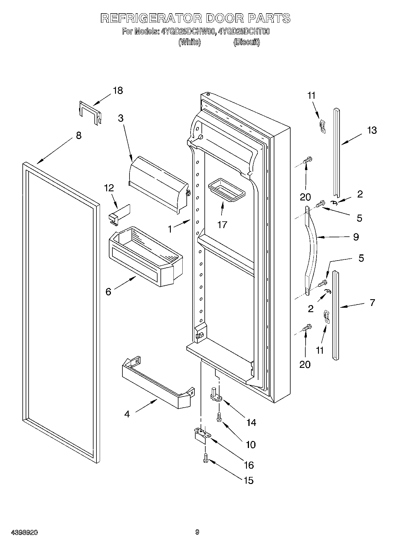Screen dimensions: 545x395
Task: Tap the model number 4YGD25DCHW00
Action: coord(187,32)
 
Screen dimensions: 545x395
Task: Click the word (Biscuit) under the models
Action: coord(247,42)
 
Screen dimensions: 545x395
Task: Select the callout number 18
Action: coord(118,90)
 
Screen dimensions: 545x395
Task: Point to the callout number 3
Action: coord(121,118)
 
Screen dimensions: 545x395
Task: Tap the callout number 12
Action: coord(109,188)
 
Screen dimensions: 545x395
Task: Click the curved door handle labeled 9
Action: coord(313,248)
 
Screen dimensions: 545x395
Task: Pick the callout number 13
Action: coord(372,130)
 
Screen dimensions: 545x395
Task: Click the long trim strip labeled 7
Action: coord(336,315)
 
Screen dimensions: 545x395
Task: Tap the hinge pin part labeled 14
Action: coord(216,395)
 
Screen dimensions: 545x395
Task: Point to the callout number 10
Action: coord(251,444)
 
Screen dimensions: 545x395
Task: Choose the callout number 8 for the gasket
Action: coord(78,136)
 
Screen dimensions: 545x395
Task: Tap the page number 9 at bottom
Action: coord(197,532)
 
